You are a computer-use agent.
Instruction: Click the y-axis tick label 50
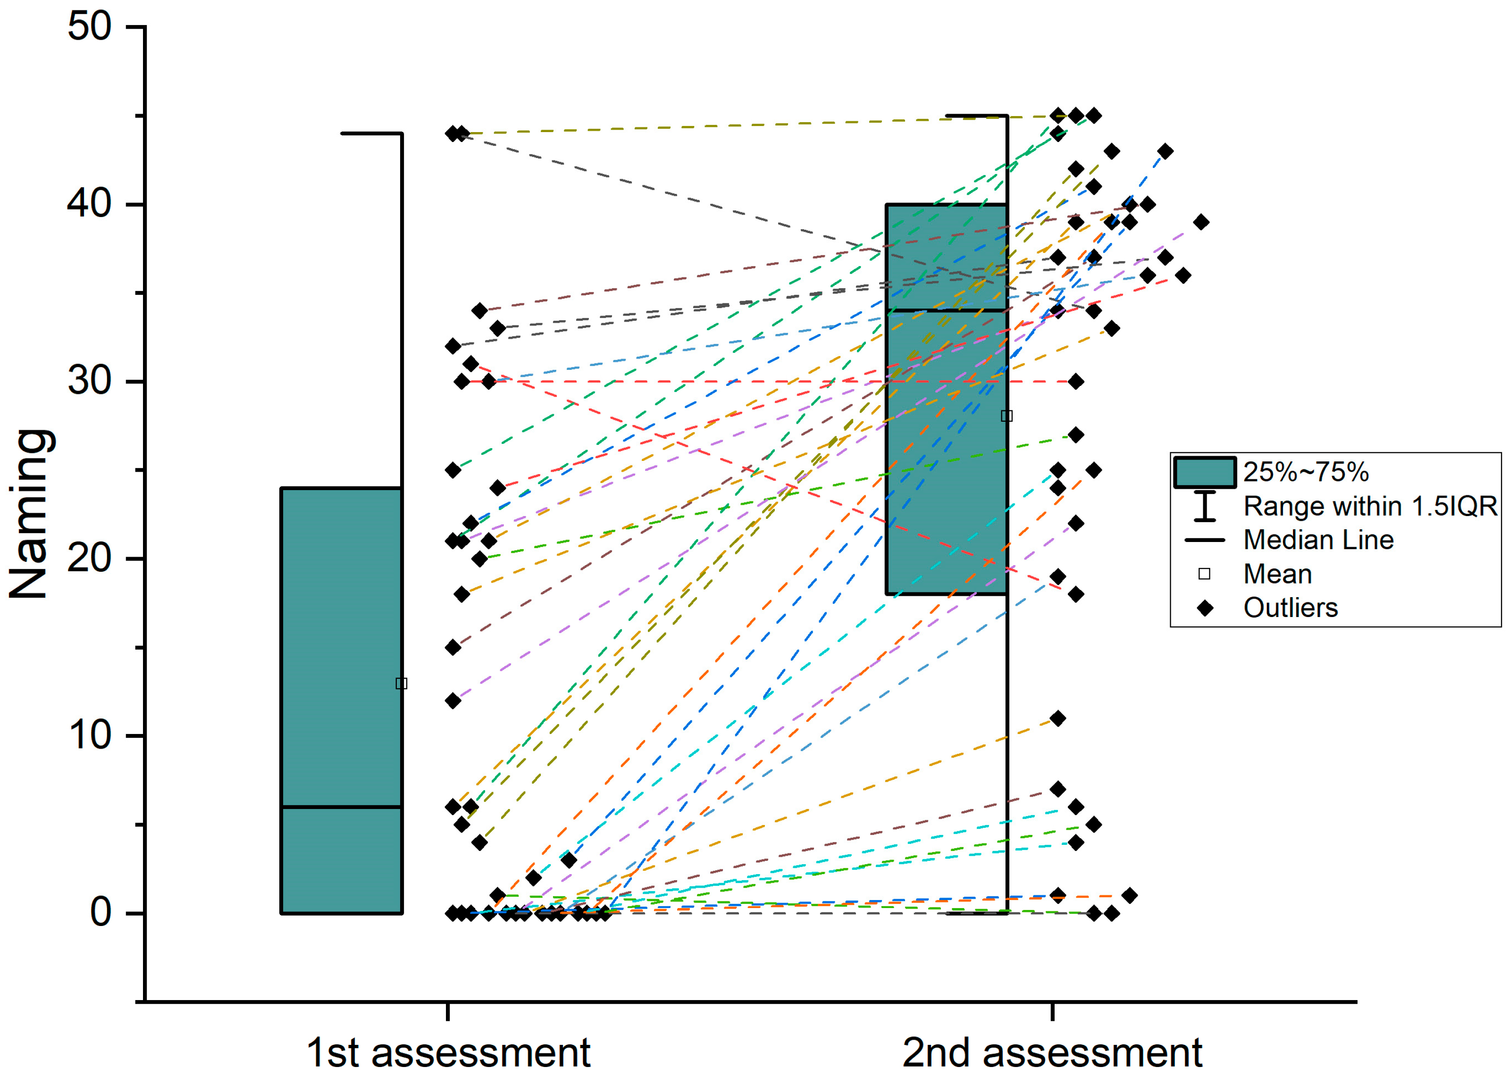click(90, 27)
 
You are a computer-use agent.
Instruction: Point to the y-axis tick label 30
click(90, 381)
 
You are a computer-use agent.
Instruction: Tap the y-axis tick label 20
click(90, 558)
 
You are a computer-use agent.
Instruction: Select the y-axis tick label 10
click(90, 735)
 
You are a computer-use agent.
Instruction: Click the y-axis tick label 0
click(101, 912)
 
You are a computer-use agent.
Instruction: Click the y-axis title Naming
click(29, 514)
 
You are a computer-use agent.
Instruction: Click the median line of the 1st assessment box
click(341, 807)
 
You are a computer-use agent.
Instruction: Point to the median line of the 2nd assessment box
click(946, 310)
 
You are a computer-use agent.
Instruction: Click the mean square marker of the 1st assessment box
click(401, 683)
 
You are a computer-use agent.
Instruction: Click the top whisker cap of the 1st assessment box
click(371, 134)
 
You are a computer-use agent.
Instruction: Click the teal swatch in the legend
click(1205, 472)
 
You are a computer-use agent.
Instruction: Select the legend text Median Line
click(1318, 540)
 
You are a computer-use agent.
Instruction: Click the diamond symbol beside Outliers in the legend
click(1205, 608)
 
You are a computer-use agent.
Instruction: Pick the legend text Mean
click(1277, 574)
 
